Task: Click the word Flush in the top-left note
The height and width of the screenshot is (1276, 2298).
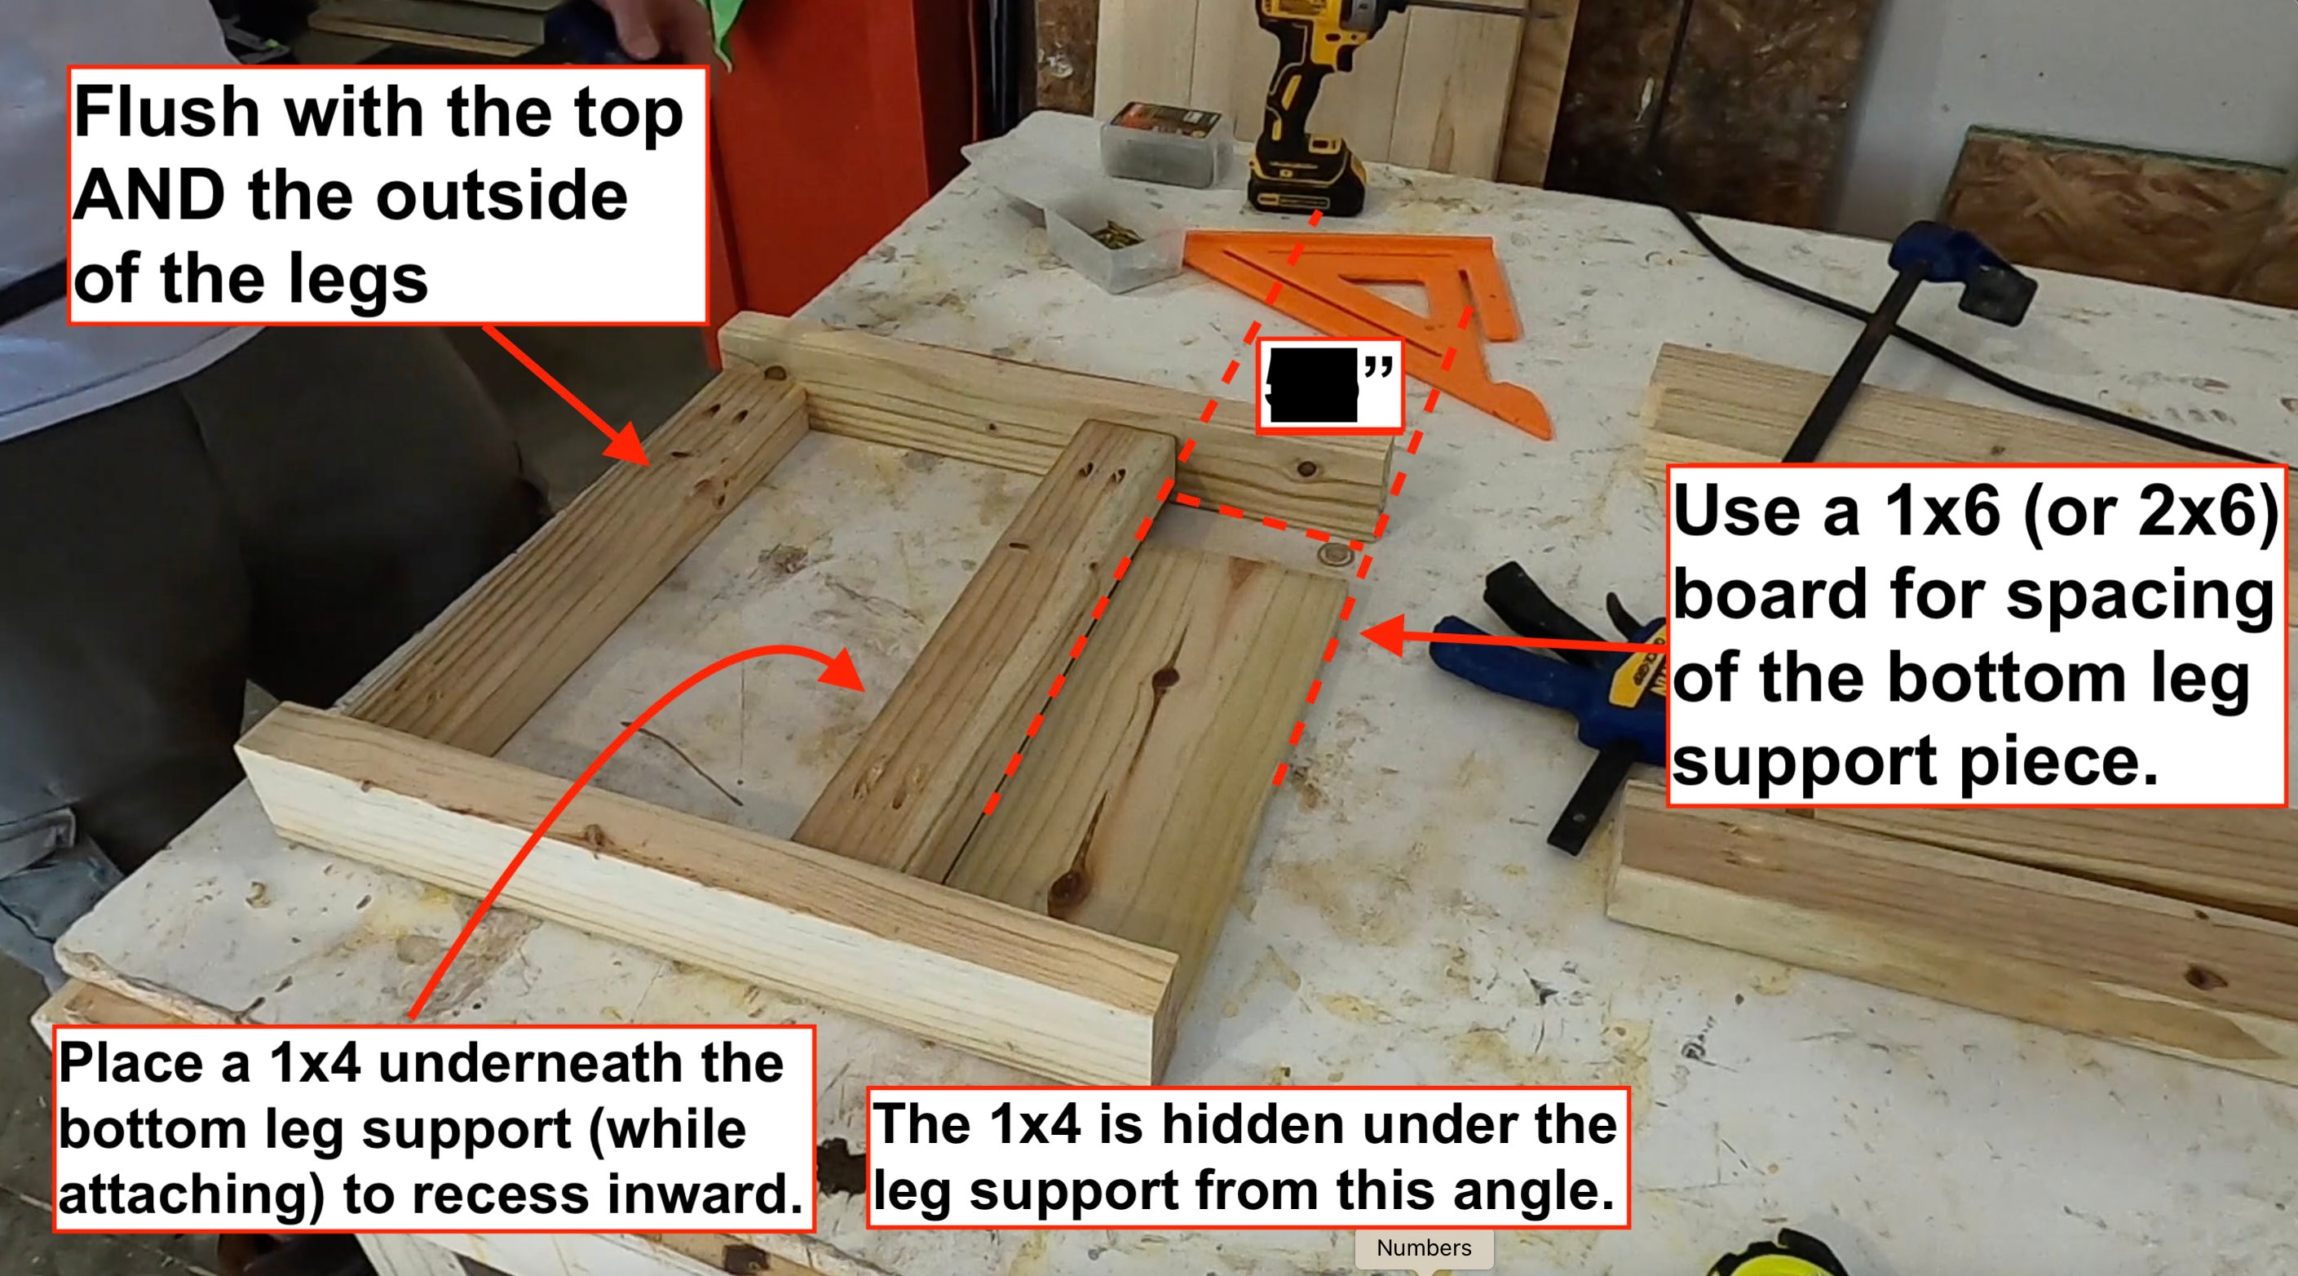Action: [166, 113]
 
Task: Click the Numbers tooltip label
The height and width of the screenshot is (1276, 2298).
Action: [1424, 1247]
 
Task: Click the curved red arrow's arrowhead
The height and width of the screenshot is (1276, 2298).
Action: [843, 669]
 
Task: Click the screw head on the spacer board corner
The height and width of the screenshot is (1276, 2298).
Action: [1335, 556]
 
